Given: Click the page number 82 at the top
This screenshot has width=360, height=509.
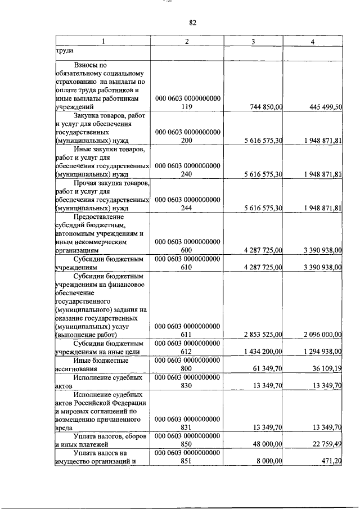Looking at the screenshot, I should pos(192,22).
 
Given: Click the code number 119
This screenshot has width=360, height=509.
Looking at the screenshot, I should pos(188,106).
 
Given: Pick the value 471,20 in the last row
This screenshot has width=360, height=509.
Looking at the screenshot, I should pos(331,461).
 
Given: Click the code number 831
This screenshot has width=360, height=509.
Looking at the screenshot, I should pos(188,427).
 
